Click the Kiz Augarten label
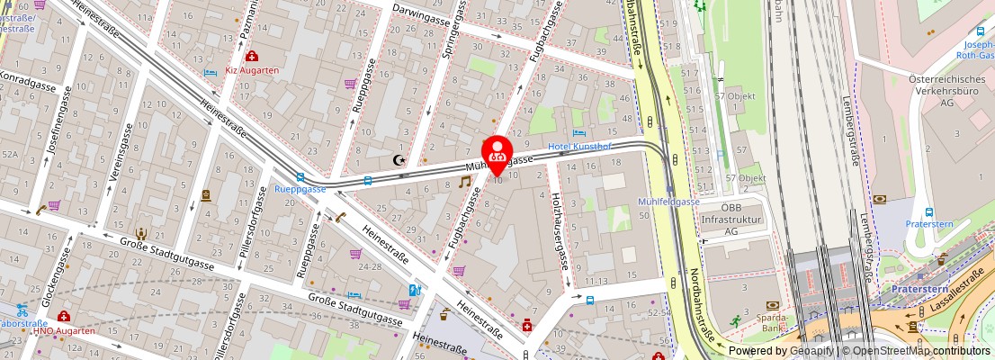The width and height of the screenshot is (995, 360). [x=251, y=69]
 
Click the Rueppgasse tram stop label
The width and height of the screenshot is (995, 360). [x=300, y=190]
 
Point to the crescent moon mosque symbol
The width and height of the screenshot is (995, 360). [x=399, y=160]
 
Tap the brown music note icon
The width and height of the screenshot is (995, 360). [x=465, y=181]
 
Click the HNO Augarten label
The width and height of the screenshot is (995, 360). [x=64, y=330]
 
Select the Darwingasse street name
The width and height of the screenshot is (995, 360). [x=420, y=15]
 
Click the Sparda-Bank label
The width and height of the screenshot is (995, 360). [x=773, y=322]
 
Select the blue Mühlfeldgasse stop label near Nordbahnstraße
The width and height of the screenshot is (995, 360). [x=668, y=202]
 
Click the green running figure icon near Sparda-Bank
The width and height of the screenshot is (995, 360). [x=736, y=319]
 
